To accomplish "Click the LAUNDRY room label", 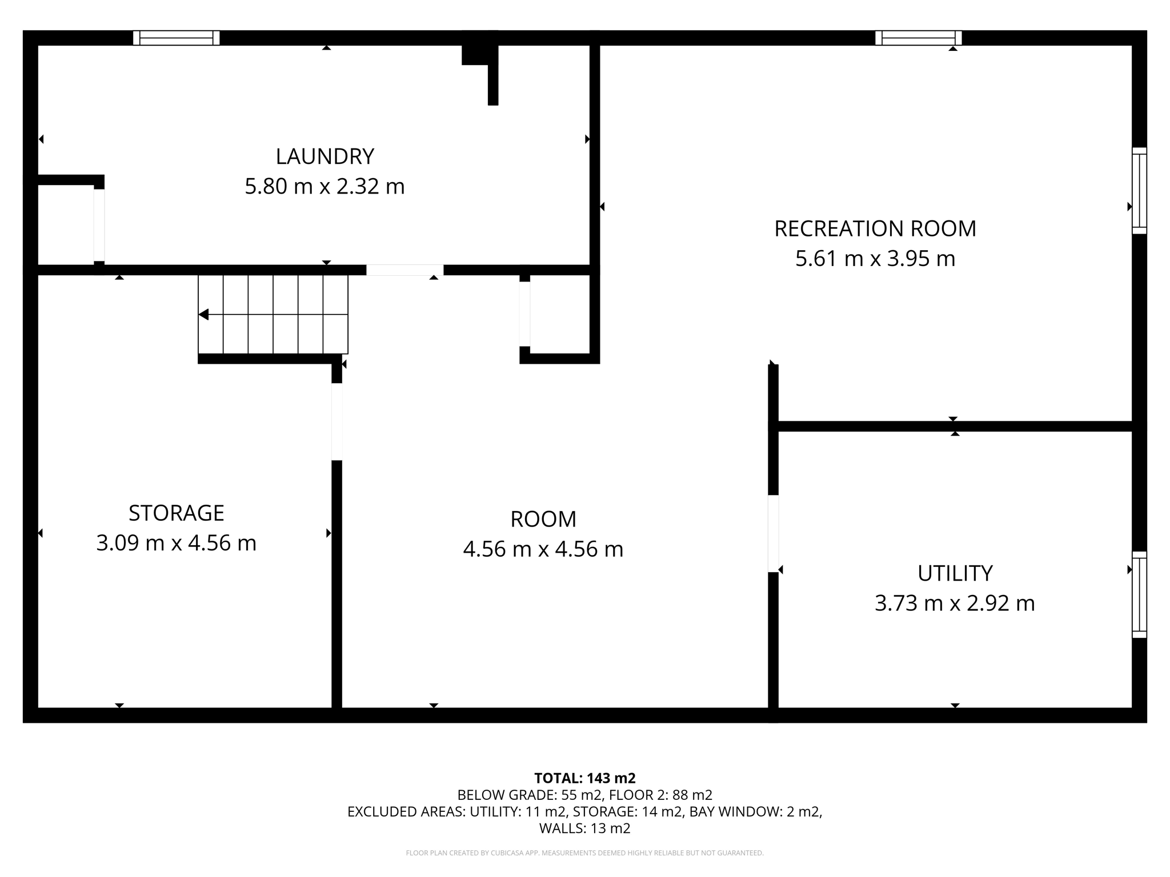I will (x=324, y=156).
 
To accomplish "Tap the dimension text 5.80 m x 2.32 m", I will (x=324, y=187).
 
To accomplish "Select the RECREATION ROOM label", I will (x=875, y=228).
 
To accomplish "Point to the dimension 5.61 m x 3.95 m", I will (x=875, y=259).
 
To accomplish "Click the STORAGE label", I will (x=176, y=513).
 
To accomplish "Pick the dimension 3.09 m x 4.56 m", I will (x=176, y=543).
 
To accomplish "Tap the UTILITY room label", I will (x=955, y=573).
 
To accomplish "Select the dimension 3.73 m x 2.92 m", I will (x=955, y=603).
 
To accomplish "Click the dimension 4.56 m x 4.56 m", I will (x=543, y=549).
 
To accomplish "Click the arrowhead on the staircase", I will (x=204, y=315).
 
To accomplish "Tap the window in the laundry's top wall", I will (x=176, y=38).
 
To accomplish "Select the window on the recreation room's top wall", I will (x=918, y=38).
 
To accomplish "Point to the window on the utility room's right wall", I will (x=1139, y=594).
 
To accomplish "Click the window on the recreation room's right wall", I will (x=1139, y=191).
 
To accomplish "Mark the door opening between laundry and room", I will (x=404, y=270).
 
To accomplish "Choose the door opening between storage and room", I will (x=337, y=421).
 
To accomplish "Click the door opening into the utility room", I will (x=773, y=533).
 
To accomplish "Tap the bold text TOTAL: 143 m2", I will (x=584, y=778).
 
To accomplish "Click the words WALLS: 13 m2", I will (x=584, y=828).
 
